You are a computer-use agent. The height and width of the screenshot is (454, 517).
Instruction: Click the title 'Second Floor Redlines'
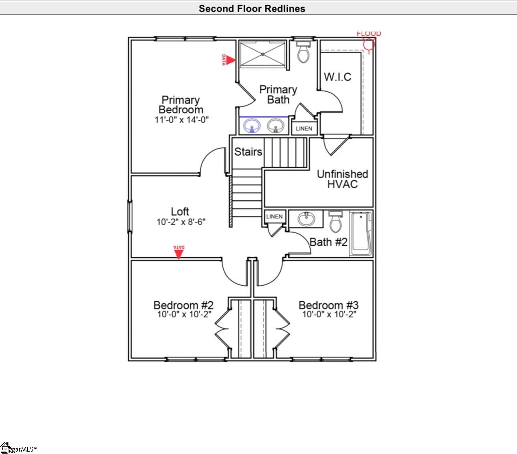(252, 8)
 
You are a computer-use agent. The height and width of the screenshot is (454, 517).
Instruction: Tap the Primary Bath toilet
(303, 52)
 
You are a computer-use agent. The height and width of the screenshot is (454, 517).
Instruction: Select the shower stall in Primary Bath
(263, 54)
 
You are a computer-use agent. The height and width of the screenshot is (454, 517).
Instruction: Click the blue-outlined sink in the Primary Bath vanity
(252, 126)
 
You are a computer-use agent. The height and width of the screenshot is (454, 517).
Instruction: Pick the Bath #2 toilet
(335, 222)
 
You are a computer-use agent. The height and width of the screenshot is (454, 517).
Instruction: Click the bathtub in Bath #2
(361, 234)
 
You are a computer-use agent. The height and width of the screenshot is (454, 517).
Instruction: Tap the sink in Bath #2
(306, 219)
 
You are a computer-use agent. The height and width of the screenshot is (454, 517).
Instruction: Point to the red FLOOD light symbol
(369, 44)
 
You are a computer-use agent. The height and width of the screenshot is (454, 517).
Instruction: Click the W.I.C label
(337, 77)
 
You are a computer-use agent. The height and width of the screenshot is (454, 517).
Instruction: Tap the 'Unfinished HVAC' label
(342, 179)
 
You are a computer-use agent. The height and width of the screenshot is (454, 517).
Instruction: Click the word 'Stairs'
(248, 152)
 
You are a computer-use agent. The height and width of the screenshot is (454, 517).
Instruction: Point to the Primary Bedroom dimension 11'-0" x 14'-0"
(182, 120)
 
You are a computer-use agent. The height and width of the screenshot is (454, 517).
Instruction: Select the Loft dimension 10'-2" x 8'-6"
(181, 222)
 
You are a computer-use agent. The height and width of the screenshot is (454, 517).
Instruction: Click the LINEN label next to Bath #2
(274, 217)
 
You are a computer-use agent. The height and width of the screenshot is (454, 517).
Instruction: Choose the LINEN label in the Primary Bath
(304, 129)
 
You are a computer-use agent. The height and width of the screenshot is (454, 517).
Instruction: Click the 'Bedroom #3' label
(329, 305)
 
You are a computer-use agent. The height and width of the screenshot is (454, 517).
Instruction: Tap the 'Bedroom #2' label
(184, 305)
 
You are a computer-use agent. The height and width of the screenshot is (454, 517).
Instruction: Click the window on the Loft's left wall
(129, 217)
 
